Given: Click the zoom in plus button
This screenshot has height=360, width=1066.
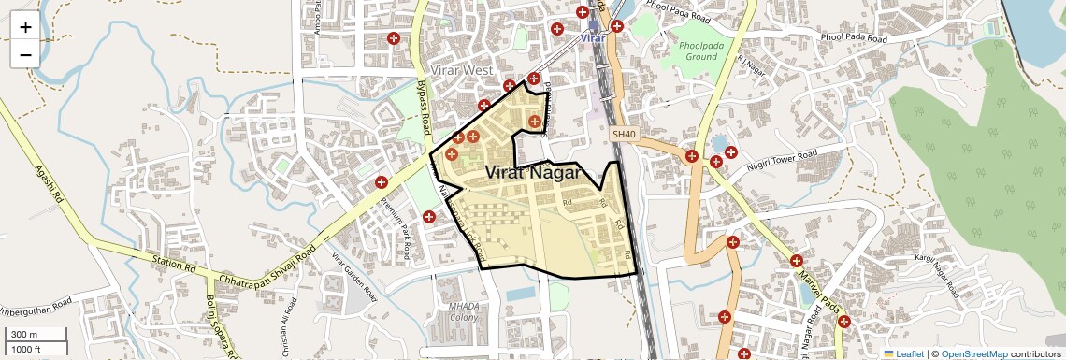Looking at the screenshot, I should click(x=25, y=26).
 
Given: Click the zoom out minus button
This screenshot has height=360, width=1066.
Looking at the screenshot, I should click(x=25, y=54).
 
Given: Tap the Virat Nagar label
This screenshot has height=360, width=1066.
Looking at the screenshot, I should click(x=534, y=173).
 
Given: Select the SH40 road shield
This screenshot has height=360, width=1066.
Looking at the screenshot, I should click(x=624, y=135).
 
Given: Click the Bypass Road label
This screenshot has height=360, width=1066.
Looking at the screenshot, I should click(x=422, y=106).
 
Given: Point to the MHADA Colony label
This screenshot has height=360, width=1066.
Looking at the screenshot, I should click(x=463, y=311).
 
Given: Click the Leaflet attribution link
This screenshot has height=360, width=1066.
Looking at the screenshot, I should click(x=903, y=353).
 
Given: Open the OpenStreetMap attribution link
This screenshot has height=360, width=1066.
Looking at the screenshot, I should click(x=973, y=353).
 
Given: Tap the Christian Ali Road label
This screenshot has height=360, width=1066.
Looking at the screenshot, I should click(x=285, y=324).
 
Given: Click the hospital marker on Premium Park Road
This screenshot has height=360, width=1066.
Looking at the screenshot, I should click(x=382, y=182).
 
